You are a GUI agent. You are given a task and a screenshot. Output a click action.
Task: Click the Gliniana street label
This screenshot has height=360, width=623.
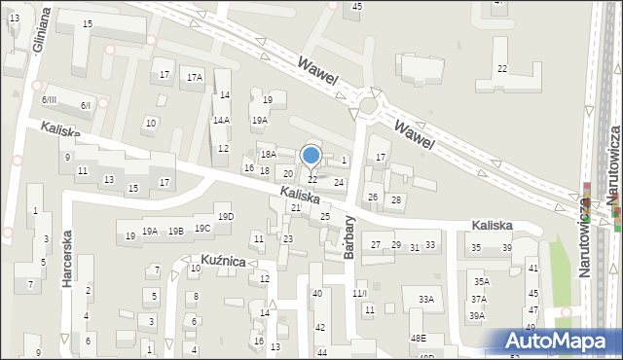40,34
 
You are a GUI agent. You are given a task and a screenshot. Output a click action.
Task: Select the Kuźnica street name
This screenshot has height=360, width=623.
223,261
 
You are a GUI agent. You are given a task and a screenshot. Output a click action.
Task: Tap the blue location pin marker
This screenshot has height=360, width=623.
311,156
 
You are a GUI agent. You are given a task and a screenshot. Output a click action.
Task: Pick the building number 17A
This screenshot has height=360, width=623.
195,77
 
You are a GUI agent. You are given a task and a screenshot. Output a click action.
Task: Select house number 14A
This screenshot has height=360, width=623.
222,121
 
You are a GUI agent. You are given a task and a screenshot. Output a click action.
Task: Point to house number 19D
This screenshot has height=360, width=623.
226,216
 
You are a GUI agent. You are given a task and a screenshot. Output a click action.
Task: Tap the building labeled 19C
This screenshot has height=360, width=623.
202,229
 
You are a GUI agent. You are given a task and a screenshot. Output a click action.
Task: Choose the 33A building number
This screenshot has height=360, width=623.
425,300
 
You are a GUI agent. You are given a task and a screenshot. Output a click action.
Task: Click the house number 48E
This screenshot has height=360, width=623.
418,338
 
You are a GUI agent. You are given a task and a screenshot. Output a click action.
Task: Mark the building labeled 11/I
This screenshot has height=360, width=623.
360,293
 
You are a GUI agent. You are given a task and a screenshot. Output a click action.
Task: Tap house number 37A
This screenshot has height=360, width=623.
479,300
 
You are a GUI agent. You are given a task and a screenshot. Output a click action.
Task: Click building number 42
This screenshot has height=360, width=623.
320,327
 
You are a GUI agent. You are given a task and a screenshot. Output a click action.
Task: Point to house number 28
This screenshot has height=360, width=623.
396,199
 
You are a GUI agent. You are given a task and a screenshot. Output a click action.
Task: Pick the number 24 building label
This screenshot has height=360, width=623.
339,182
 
